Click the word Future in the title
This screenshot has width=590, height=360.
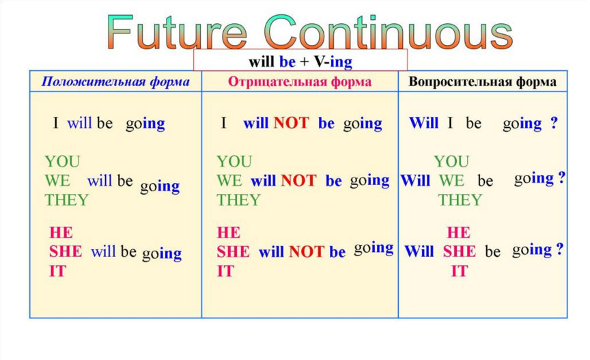177,31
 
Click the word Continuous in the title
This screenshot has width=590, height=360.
389,31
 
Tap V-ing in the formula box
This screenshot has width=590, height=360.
333,61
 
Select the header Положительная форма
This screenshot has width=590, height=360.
115,82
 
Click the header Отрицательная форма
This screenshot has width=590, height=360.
300,82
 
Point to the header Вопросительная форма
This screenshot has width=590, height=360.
482,82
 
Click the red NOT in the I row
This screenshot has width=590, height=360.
291,123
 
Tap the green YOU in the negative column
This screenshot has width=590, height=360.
234,161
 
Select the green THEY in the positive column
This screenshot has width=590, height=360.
66,199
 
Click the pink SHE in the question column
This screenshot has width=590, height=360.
460,251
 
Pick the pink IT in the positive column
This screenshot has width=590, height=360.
57,271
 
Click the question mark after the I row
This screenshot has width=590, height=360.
554,123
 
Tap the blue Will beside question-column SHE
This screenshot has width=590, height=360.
419,251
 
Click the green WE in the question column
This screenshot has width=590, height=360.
451,181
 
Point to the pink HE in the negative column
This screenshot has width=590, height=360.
228,232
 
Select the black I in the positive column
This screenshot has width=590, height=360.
56,123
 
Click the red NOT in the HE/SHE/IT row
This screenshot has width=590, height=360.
307,251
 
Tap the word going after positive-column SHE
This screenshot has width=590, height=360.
162,254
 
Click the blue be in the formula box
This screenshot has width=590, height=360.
287,61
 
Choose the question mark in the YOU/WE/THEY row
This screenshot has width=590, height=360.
561,177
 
